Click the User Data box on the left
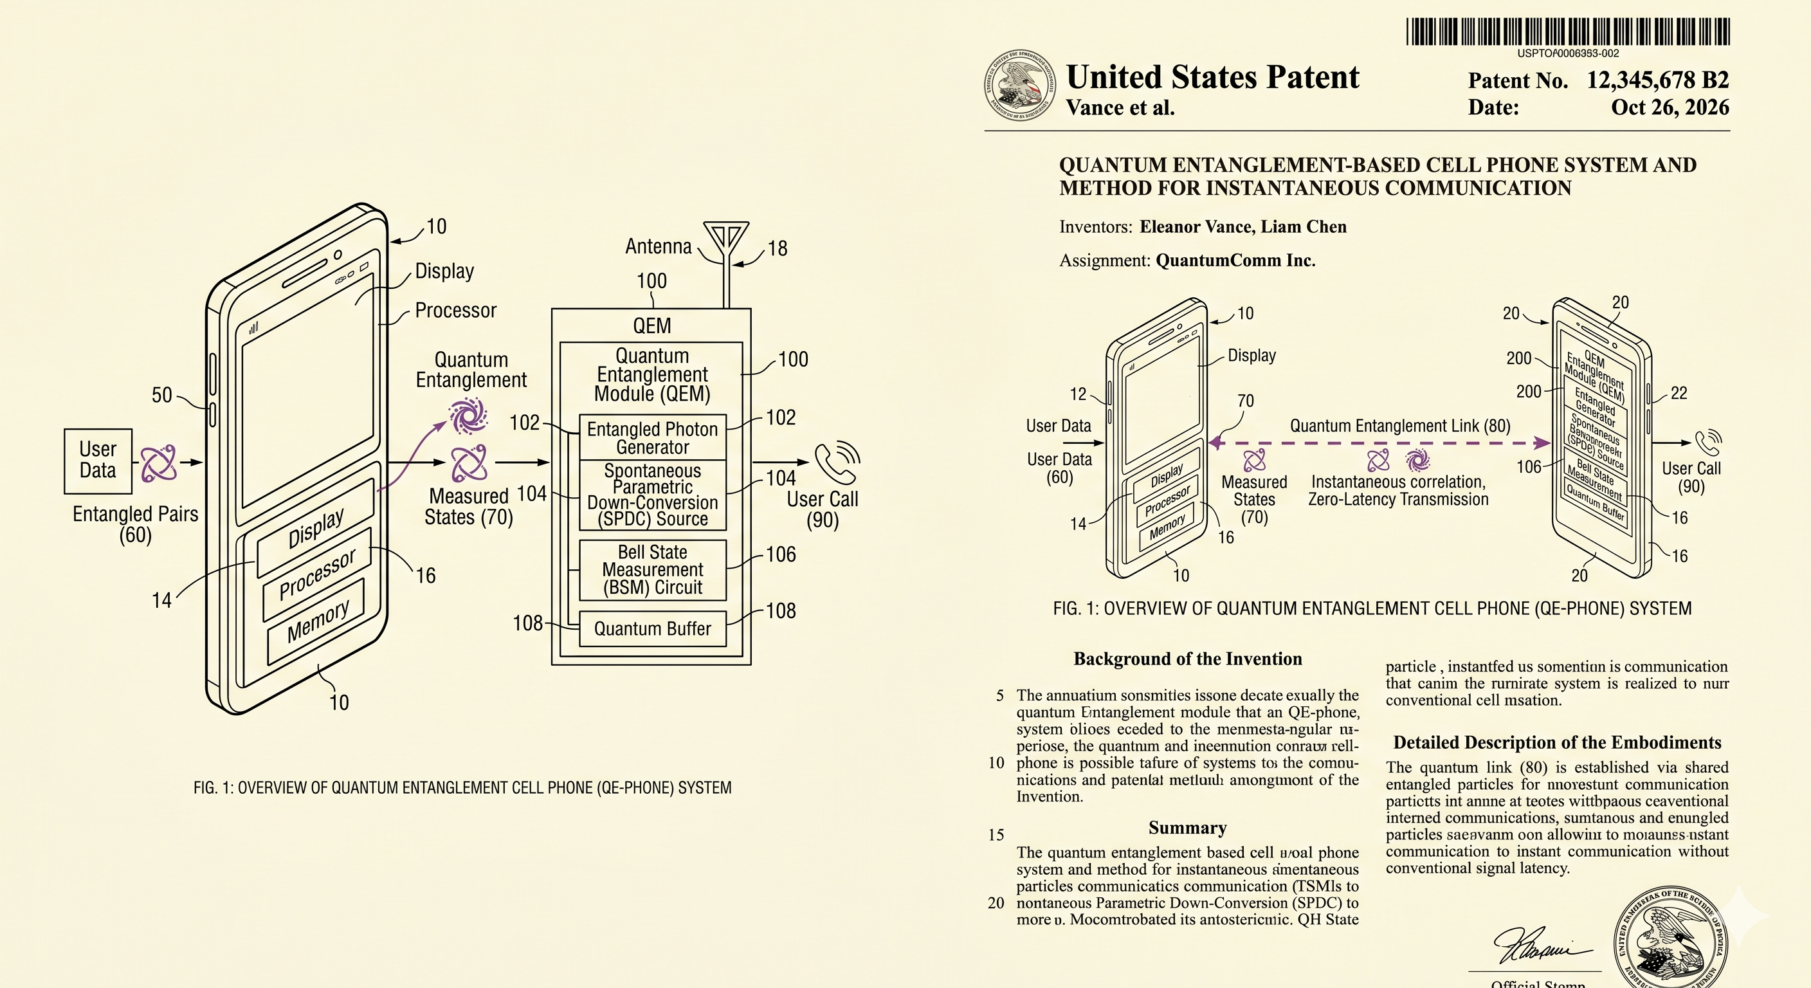98,461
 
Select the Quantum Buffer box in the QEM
652,628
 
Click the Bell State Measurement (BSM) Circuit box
652,570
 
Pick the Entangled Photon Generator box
652,437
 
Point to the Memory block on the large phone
317,621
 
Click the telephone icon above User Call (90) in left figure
837,462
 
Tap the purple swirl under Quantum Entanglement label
468,416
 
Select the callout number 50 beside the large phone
161,395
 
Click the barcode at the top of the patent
1568,32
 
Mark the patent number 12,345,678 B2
1657,80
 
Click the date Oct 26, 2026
1670,107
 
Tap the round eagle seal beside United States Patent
1019,85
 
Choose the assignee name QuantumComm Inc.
1235,260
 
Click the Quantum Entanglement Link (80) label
1399,425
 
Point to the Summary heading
1187,828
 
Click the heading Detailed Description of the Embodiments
1557,742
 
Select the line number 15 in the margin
996,835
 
